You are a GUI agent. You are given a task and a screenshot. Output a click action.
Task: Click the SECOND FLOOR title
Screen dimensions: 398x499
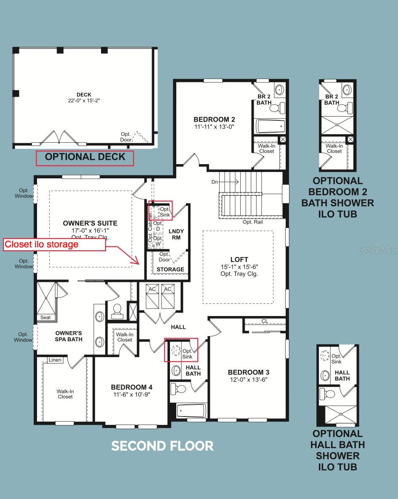[162, 446]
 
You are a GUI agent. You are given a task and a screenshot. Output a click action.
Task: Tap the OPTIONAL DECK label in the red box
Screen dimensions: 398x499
[85, 157]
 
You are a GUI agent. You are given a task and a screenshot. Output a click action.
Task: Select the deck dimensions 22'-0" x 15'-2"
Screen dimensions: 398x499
[84, 101]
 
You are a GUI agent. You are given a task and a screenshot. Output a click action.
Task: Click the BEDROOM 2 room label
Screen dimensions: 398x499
[214, 119]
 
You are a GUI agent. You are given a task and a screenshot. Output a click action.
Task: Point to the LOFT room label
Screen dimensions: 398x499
[239, 260]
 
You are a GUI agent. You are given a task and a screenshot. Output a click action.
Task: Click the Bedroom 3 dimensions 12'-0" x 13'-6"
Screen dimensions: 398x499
[249, 380]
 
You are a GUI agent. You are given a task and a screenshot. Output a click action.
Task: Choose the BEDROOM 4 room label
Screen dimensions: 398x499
[131, 388]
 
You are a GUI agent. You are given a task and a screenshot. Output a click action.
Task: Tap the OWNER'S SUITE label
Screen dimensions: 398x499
[90, 223]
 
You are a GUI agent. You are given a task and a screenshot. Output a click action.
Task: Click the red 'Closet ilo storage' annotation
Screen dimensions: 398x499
[41, 244]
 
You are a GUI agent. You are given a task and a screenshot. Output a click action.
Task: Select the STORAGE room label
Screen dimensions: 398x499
[170, 270]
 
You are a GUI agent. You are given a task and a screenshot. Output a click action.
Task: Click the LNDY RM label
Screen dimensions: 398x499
[176, 234]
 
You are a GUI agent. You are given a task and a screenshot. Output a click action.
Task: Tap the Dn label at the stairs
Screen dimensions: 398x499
[215, 182]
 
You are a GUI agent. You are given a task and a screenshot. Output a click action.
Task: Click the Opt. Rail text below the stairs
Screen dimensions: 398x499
[252, 222]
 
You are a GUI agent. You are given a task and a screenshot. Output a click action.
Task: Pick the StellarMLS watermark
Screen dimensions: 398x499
[377, 250]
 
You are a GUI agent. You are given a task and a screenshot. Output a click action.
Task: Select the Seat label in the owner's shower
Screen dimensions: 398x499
[45, 317]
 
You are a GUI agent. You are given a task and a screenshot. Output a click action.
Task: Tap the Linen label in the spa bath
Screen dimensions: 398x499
[55, 360]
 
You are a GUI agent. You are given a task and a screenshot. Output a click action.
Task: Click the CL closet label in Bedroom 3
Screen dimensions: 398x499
[265, 321]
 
